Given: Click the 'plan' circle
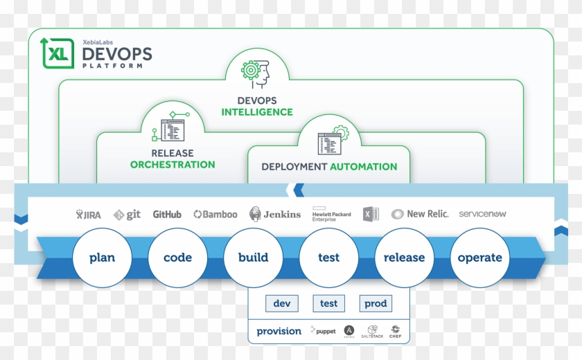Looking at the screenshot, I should [x=102, y=258].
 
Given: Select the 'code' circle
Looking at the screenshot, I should [x=177, y=258].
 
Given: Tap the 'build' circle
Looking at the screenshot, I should [x=253, y=258].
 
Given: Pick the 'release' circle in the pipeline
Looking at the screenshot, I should [x=404, y=258].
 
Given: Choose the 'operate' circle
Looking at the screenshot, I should [x=479, y=258].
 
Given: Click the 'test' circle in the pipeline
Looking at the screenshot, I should [x=328, y=258].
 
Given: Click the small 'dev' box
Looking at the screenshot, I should [x=281, y=303].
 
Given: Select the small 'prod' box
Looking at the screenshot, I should [x=376, y=303].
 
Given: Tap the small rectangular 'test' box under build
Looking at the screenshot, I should [x=328, y=303].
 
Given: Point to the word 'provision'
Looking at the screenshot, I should [x=279, y=331].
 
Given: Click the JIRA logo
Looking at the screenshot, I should [x=89, y=215].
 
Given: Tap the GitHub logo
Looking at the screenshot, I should [x=167, y=215].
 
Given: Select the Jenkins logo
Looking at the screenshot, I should [x=275, y=214].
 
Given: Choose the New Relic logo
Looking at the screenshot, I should [x=420, y=214].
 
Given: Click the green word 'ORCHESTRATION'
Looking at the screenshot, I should [x=173, y=165].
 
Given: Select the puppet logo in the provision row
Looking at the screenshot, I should [x=323, y=331].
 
